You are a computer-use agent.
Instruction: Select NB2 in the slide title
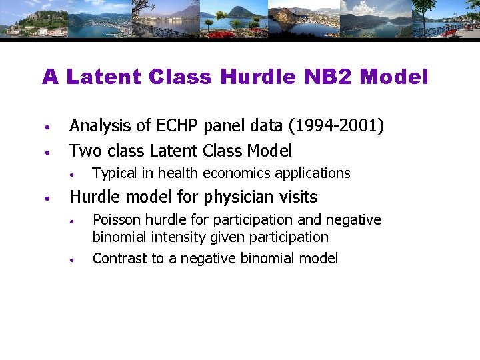[x=327, y=77]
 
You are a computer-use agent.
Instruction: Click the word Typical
[x=115, y=173]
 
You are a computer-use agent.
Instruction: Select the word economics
[x=235, y=173]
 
